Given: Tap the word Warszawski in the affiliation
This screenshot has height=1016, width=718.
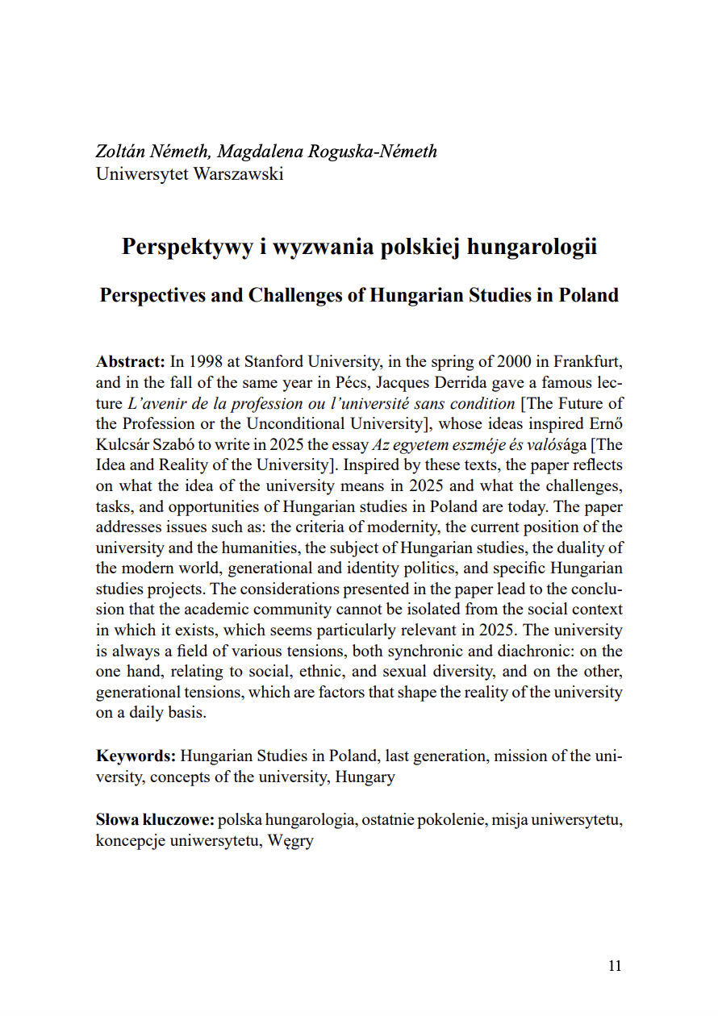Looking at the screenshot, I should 238,173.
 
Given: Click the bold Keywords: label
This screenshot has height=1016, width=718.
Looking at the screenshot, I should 136,756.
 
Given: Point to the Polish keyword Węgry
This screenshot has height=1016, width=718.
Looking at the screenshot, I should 290,841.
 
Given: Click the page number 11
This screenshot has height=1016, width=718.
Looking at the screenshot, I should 615,966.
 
